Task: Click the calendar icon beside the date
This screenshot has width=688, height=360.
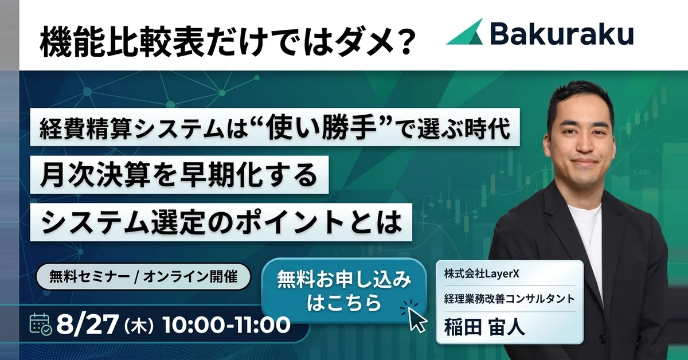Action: click(41, 324)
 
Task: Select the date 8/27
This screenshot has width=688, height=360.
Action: click(87, 325)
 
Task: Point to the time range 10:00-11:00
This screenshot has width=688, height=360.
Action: click(226, 325)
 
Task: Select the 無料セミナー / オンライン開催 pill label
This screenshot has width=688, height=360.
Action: click(143, 277)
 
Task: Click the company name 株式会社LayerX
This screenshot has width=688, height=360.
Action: click(481, 274)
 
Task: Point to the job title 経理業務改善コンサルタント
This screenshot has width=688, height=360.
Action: click(509, 299)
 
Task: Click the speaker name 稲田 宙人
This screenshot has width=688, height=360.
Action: click(484, 327)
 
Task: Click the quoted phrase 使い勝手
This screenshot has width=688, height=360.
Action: click(322, 127)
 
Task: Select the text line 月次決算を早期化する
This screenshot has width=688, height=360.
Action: click(179, 175)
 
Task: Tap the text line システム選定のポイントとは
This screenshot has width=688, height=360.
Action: click(221, 222)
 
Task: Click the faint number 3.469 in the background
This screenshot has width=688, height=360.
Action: click(642, 173)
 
